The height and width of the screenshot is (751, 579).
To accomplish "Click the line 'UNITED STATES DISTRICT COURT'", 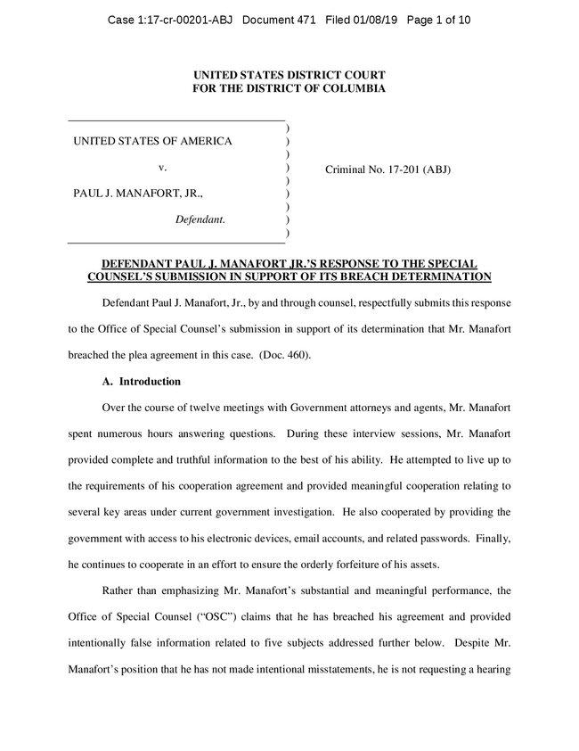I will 289,76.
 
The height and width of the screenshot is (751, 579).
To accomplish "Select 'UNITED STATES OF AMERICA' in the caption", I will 152,141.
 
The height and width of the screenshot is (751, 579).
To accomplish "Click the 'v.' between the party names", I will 162,167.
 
